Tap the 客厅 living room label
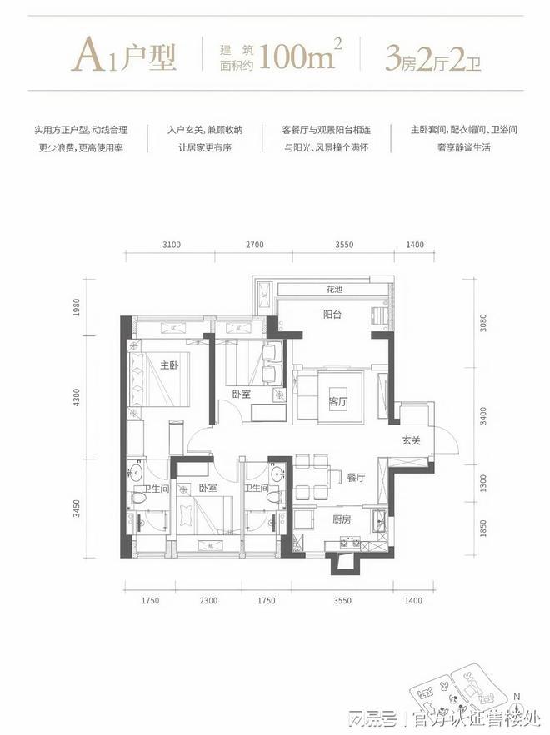click(x=338, y=400)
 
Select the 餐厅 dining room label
click(x=357, y=477)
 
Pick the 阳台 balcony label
click(x=334, y=315)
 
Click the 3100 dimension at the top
click(x=171, y=245)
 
